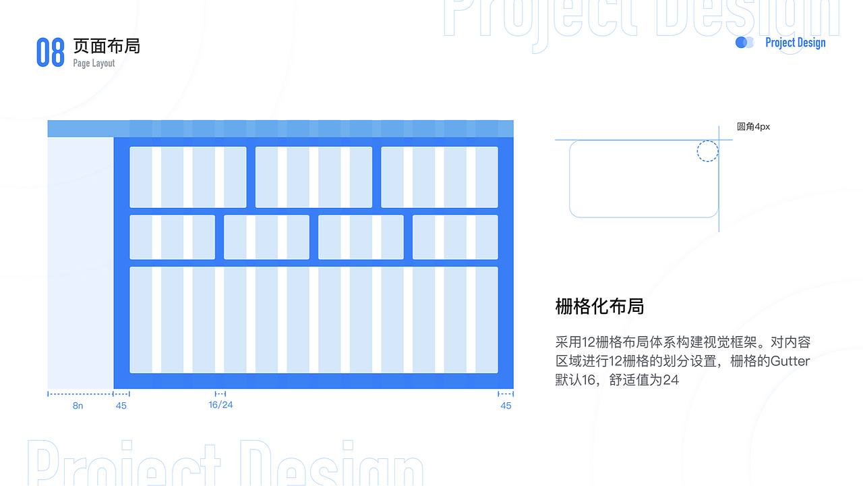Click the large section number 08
[x=50, y=52]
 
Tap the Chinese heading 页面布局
[x=107, y=46]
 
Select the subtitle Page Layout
[x=94, y=63]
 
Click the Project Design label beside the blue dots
[x=795, y=43]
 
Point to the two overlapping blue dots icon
[x=744, y=43]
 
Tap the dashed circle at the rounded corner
[x=707, y=151]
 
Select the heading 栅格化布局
[x=599, y=306]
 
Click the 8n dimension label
[x=78, y=406]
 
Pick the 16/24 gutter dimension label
[x=220, y=405]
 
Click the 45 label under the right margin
[x=506, y=406]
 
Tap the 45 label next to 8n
[x=121, y=406]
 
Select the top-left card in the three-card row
[x=188, y=177]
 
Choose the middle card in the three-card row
[x=314, y=177]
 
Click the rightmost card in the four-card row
[x=455, y=237]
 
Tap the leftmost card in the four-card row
[x=172, y=237]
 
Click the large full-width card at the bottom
[x=314, y=320]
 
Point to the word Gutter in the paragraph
[x=790, y=361]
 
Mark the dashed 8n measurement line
[x=80, y=394]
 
